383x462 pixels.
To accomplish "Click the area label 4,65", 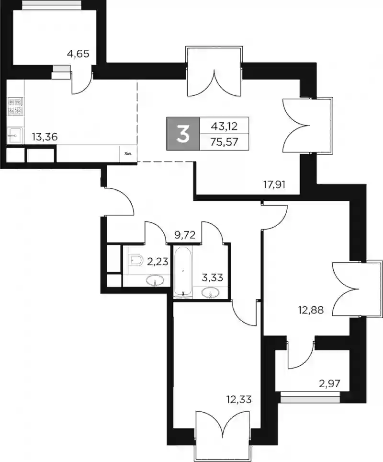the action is click(x=78, y=54).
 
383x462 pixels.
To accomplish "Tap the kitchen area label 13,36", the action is click(x=45, y=137).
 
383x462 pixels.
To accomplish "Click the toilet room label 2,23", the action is click(x=158, y=261).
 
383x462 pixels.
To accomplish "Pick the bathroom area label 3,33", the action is click(x=212, y=277).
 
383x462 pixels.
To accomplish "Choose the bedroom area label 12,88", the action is click(x=310, y=310).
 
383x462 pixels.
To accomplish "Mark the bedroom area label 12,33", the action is click(x=239, y=400).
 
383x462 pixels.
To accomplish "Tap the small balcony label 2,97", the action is click(x=329, y=383).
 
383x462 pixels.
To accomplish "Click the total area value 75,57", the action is click(x=225, y=142).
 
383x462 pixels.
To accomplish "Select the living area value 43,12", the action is click(x=225, y=126).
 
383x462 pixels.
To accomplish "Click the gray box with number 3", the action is click(x=183, y=134).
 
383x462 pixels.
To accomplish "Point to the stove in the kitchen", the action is click(x=15, y=106).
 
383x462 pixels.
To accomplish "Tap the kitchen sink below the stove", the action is click(x=15, y=136).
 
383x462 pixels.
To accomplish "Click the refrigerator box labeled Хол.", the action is click(x=128, y=153).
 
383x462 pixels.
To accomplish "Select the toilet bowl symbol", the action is click(x=135, y=260).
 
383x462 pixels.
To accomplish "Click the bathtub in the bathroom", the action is click(x=183, y=272).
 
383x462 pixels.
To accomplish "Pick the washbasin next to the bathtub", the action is click(x=211, y=292).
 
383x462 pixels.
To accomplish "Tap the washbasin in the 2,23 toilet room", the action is click(x=156, y=280).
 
